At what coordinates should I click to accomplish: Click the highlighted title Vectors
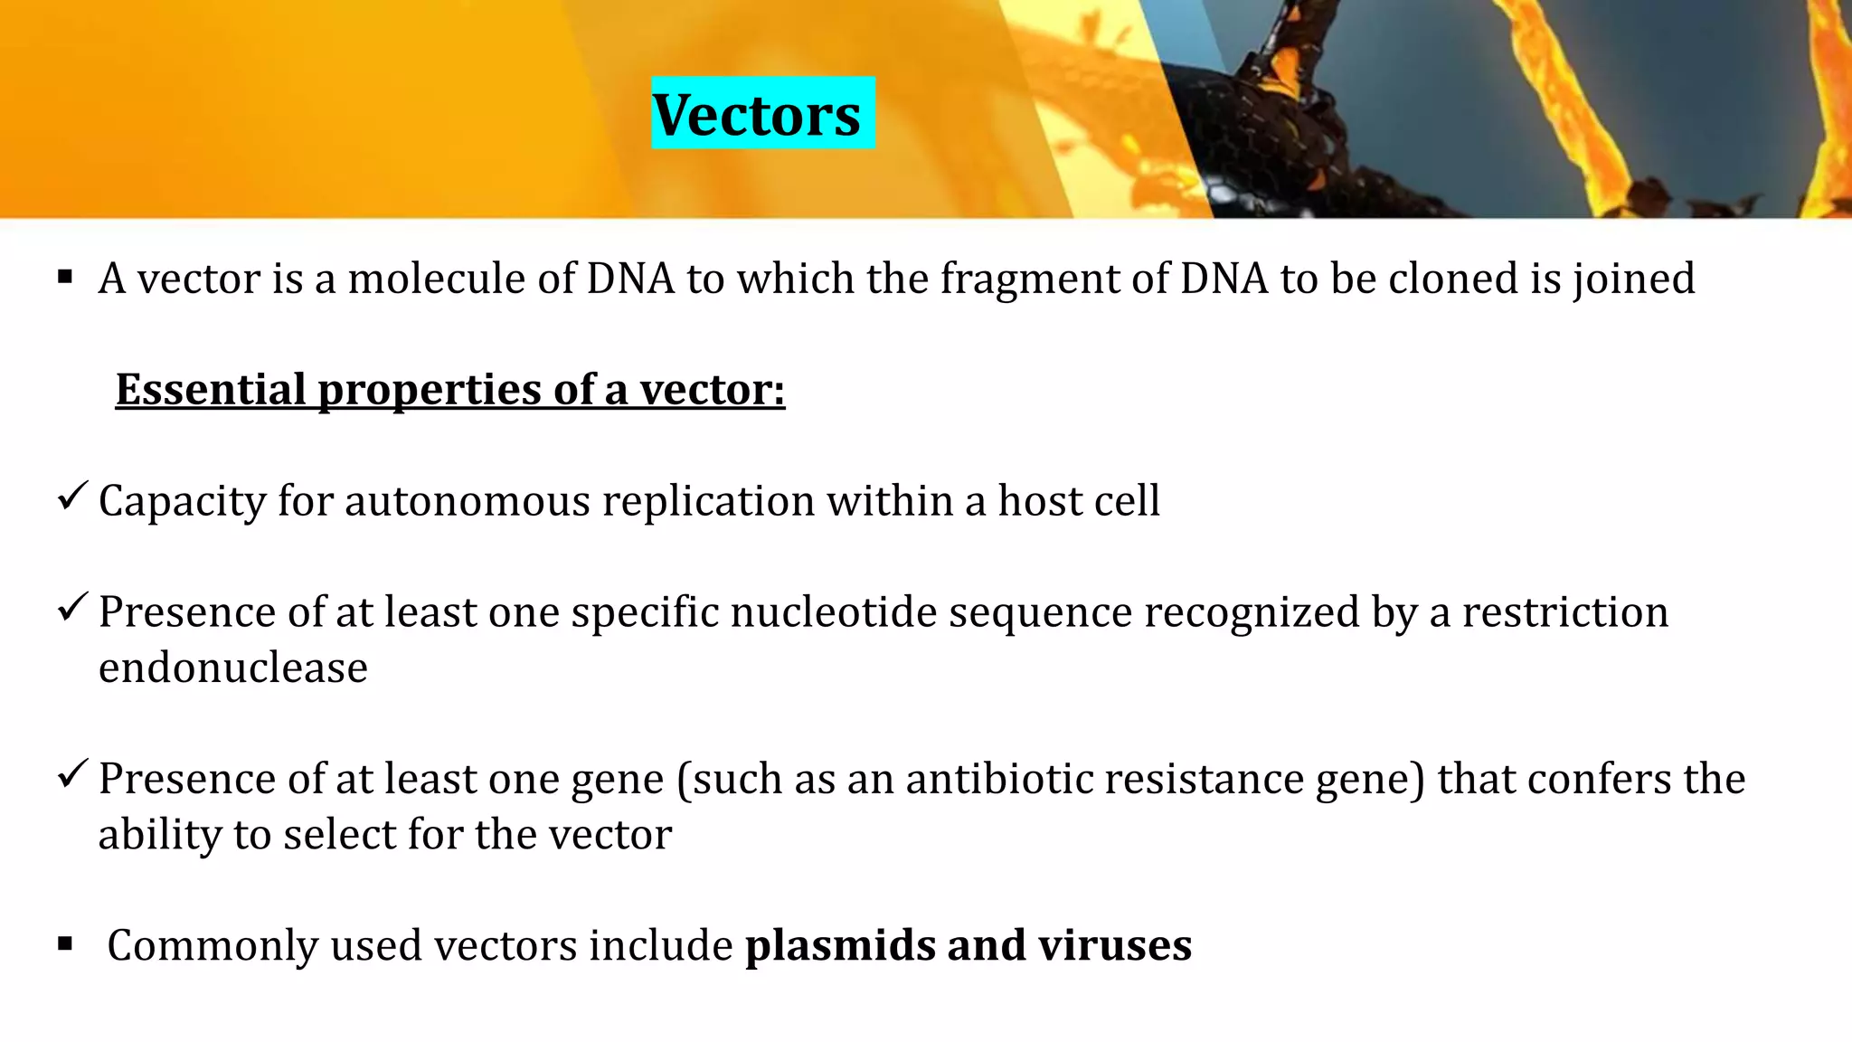(757, 115)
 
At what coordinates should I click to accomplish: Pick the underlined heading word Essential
(211, 390)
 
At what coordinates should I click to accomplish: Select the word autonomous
(467, 501)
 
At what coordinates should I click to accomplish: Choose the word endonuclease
(233, 668)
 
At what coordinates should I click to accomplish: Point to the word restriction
(1564, 612)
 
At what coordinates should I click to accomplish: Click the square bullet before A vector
(65, 277)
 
